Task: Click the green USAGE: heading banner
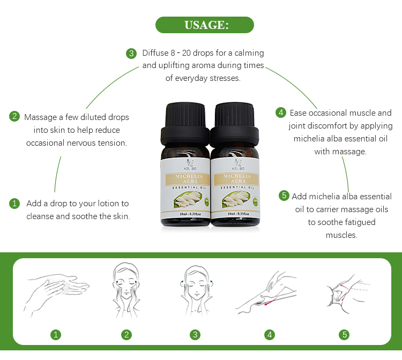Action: click(x=204, y=25)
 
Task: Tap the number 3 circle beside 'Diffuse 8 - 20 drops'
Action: click(x=131, y=53)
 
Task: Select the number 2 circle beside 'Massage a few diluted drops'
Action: click(x=14, y=116)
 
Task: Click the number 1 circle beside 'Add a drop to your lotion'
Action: click(x=14, y=204)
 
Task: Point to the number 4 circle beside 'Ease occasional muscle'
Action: click(x=280, y=112)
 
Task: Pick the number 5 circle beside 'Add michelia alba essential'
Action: click(x=284, y=196)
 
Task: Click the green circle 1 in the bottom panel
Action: click(x=56, y=335)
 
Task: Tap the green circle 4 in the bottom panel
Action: click(x=270, y=335)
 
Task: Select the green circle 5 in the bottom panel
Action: click(x=344, y=335)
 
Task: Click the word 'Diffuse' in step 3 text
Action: click(x=155, y=53)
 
